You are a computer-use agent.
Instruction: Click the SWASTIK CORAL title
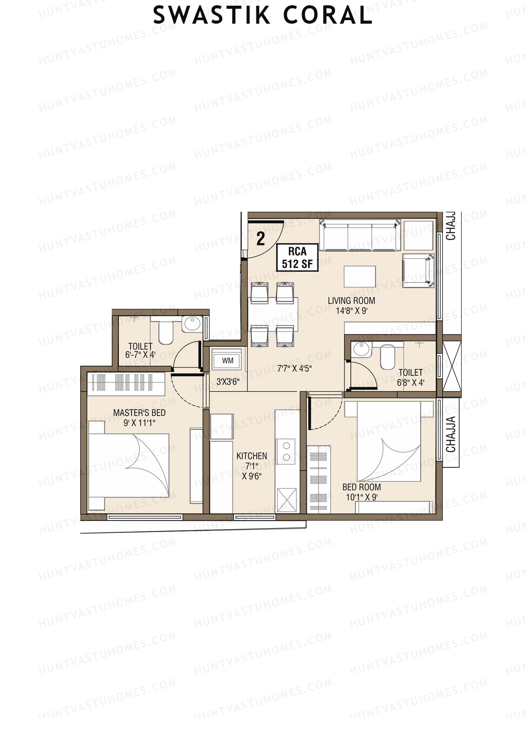pos(263,15)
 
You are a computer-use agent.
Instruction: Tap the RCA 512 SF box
pos(297,257)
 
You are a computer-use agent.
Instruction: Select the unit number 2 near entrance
pos(261,239)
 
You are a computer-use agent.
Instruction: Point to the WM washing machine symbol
pos(227,360)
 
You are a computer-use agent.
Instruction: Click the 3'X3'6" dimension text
pos(228,381)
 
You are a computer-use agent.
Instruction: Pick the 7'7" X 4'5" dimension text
pos(294,369)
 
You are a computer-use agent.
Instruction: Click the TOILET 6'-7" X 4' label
pos(140,350)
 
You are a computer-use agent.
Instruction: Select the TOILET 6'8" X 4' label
pos(411,377)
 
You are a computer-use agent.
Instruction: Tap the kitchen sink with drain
pos(287,500)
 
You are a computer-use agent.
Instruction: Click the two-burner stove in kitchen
pos(287,452)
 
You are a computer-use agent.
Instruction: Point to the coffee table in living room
pos(360,276)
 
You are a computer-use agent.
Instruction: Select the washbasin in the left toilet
pos(191,324)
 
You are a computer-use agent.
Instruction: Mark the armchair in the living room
pos(418,271)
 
